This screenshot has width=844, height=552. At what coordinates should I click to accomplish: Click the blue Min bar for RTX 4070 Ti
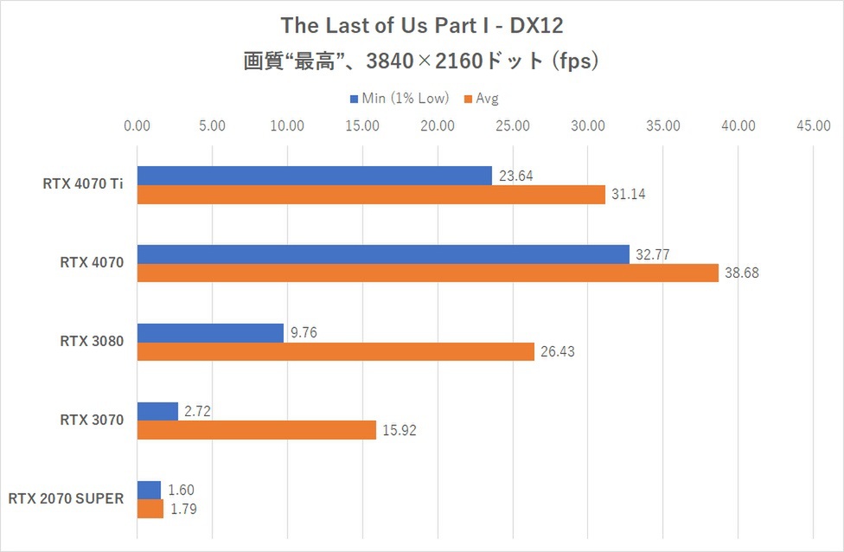point(315,176)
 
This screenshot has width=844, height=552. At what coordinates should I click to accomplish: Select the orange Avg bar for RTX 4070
point(428,273)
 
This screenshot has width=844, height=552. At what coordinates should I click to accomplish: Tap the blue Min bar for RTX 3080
point(210,332)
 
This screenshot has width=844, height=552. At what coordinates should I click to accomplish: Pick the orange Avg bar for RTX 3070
point(257,430)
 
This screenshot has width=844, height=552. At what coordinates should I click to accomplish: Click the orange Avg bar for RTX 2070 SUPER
point(150,509)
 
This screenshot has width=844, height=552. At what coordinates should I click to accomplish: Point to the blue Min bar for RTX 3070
point(157,411)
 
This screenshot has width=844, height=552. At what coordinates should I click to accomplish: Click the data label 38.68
point(741,273)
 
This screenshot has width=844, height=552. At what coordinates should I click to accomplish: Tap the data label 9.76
point(302,333)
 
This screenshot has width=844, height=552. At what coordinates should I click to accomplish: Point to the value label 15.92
point(399,430)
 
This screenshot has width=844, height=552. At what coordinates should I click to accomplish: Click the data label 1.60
point(181,491)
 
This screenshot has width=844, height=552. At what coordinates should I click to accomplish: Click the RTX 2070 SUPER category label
point(67,498)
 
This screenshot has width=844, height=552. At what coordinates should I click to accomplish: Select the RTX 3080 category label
point(92,341)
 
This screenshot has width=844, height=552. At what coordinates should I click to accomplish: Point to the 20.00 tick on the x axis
point(438,125)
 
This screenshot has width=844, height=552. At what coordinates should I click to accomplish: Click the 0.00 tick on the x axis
point(137,125)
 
